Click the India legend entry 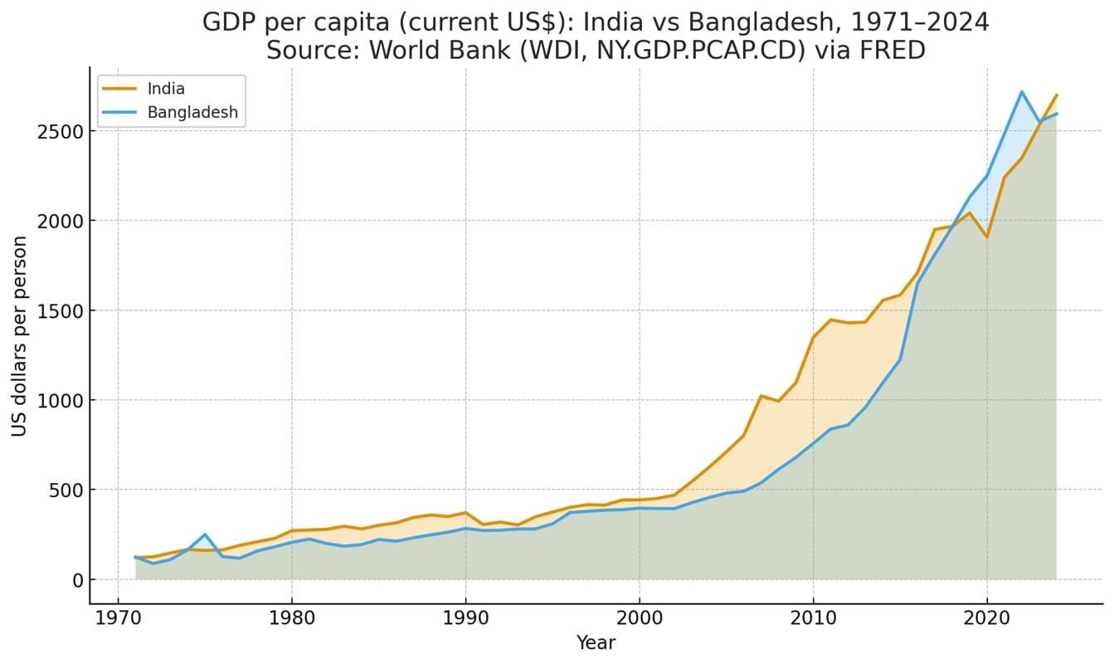point(166,89)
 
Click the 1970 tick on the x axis point(118,621)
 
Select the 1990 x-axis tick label point(465,621)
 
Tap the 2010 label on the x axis point(813,621)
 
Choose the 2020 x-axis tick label point(987,621)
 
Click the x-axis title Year point(596,642)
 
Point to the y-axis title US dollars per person point(20,335)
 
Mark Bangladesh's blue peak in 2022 point(1022,92)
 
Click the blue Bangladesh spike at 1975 point(205,535)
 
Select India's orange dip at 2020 point(987,237)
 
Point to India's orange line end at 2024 point(1056,95)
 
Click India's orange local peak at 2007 point(761,396)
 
